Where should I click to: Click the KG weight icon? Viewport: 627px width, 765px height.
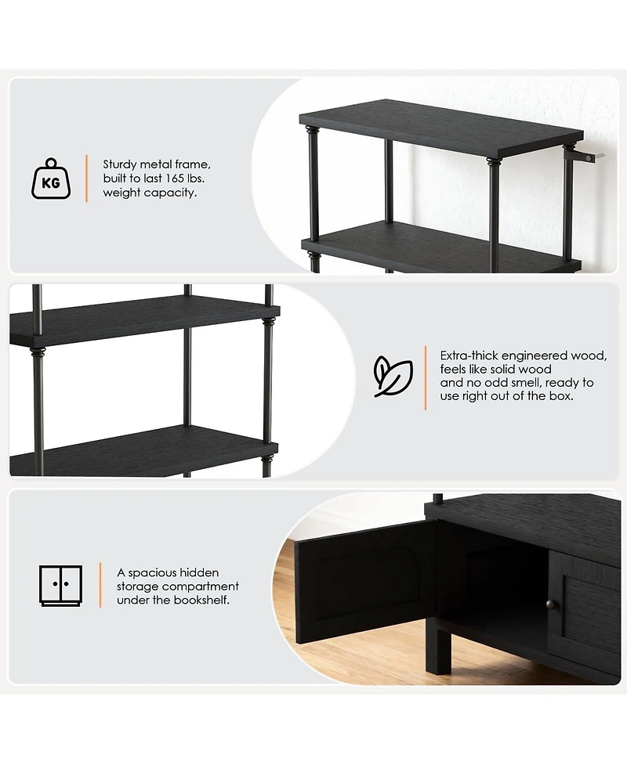(51, 179)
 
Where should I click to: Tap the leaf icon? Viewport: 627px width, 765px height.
(393, 376)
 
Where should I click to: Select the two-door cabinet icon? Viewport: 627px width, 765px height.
(60, 586)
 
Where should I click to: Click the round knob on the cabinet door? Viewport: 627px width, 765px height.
(552, 605)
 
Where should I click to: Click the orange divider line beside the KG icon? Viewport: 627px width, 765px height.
(86, 179)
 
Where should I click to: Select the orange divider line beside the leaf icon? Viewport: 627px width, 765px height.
(426, 377)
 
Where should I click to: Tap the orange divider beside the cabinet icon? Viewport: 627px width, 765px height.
(100, 585)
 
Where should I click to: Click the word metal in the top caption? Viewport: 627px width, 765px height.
(154, 164)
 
